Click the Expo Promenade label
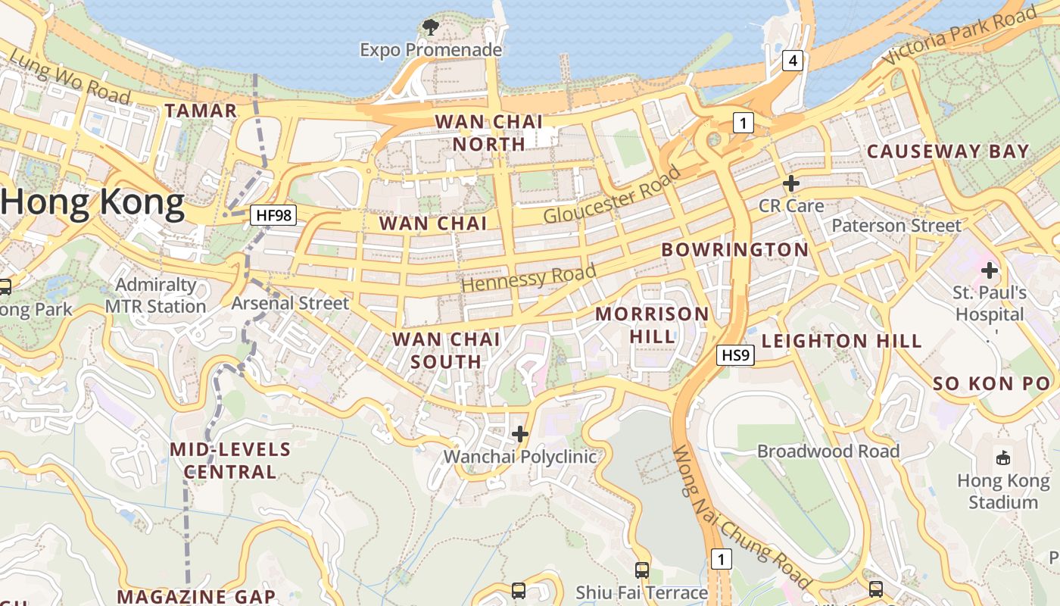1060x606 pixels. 431,50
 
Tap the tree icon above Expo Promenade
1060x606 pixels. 431,28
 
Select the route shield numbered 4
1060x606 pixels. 792,61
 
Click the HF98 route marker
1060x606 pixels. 273,215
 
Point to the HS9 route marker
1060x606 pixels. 736,355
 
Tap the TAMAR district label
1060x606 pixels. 201,111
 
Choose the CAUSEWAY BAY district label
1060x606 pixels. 948,151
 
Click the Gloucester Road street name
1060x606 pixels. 612,195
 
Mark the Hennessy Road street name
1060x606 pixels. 528,278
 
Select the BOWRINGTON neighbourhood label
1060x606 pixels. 735,250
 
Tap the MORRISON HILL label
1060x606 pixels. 652,325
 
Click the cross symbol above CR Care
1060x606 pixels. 791,183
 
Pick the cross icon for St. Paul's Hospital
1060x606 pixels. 990,270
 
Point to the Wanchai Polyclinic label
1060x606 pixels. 520,457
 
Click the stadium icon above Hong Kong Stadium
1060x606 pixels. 1003,457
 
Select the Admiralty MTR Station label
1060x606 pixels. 155,295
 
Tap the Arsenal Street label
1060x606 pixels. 290,303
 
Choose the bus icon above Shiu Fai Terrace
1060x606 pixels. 642,570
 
